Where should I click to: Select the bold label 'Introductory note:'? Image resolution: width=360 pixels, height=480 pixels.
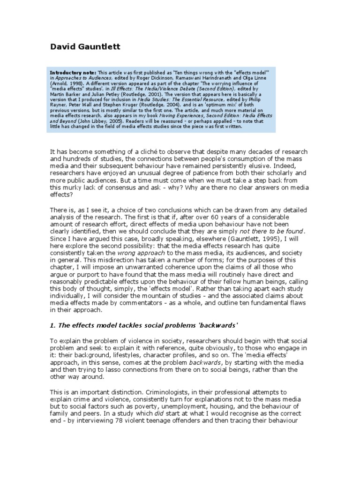point(73,73)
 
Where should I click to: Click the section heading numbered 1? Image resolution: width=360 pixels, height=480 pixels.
point(142,326)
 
